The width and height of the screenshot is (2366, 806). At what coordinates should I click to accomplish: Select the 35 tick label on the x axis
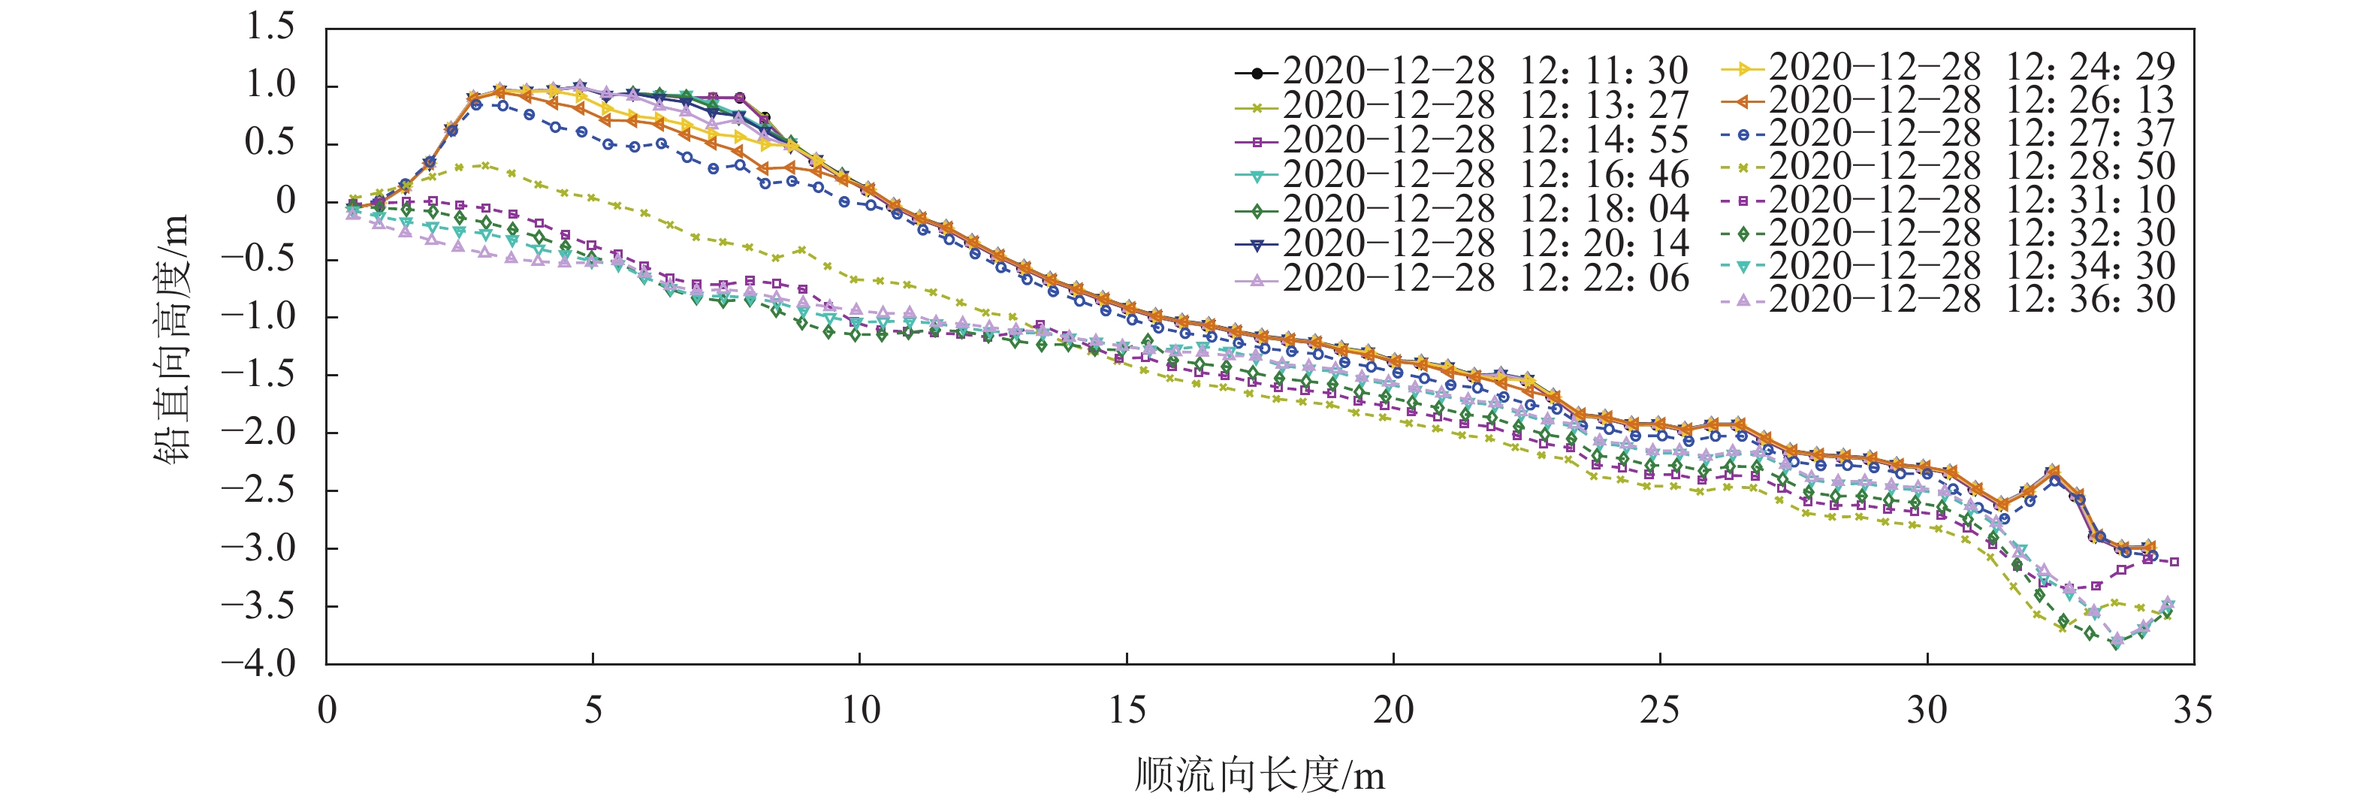[2192, 711]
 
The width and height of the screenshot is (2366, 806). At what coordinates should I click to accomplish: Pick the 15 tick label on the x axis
[1126, 711]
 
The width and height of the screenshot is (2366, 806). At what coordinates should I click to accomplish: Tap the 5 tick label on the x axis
[593, 711]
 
